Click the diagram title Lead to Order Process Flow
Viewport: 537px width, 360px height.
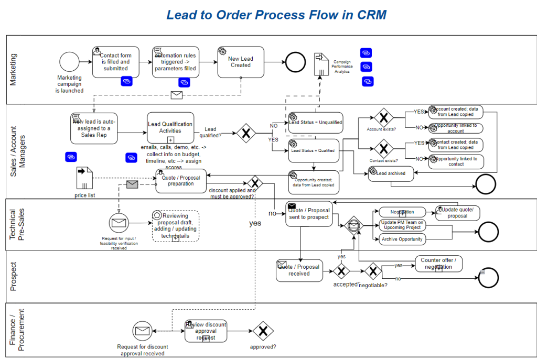[276, 15]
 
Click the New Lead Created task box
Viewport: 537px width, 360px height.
[241, 62]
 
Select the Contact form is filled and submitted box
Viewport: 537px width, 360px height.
[115, 62]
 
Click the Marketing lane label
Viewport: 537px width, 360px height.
[14, 69]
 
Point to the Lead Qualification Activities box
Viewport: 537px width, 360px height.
[170, 128]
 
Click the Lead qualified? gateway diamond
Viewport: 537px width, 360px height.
[246, 133]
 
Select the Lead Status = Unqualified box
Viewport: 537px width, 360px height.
[315, 123]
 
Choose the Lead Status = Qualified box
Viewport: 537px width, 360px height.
[315, 150]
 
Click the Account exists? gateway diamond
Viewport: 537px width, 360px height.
[383, 117]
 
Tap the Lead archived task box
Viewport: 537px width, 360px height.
[391, 173]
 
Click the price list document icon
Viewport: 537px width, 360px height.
[84, 178]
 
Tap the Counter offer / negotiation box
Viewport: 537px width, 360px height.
[438, 264]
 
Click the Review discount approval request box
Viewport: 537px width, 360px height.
[206, 331]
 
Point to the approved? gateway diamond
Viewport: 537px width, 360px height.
[263, 331]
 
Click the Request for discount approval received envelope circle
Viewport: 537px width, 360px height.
[142, 331]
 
